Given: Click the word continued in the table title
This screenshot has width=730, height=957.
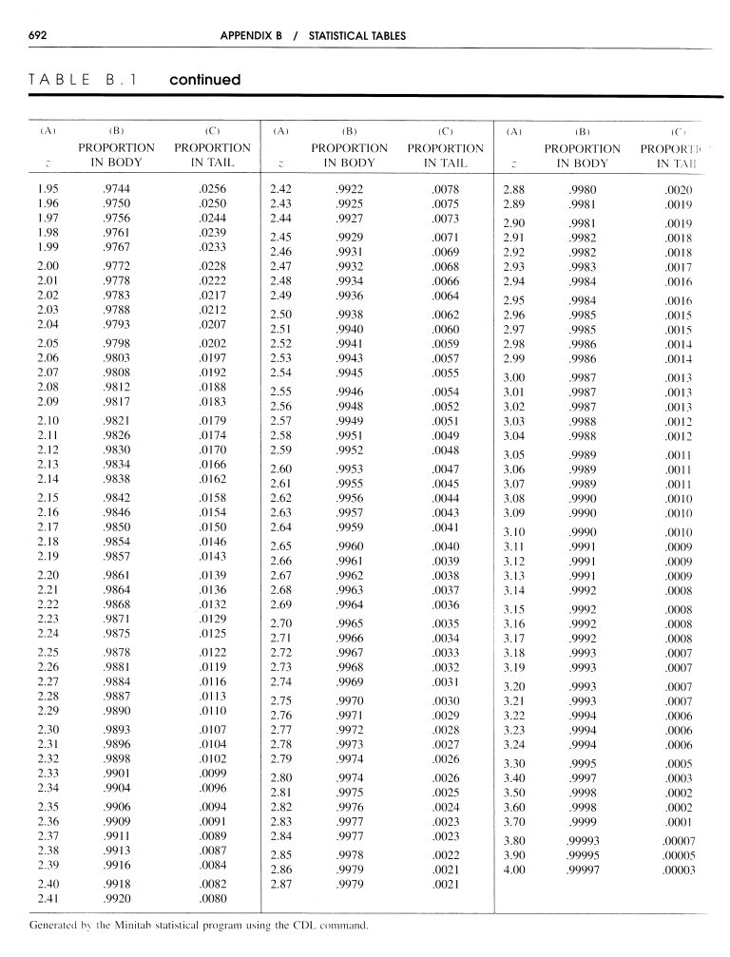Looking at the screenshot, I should coord(204,80).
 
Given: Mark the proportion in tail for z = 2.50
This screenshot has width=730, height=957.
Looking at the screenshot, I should coord(445,314).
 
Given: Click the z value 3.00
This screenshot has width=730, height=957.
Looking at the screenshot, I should coord(514,377).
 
